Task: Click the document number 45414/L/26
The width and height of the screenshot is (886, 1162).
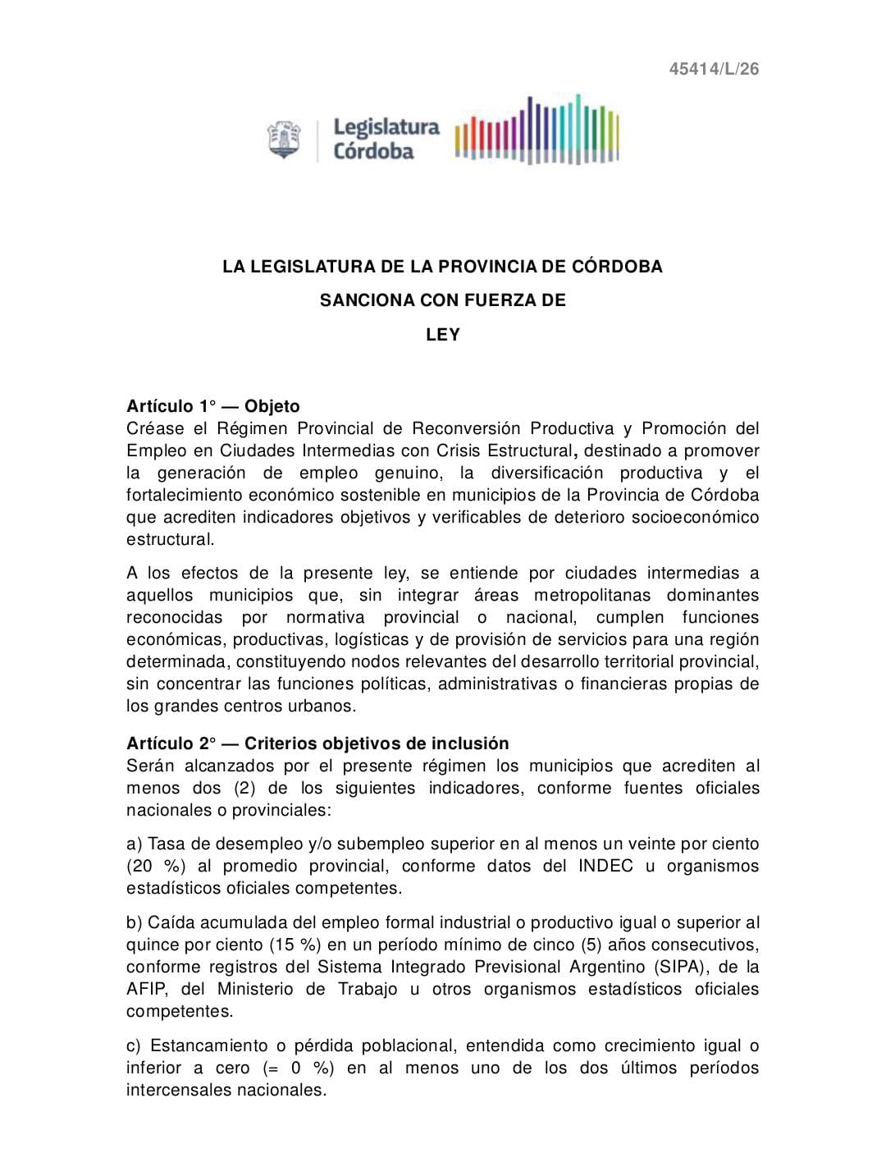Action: [714, 69]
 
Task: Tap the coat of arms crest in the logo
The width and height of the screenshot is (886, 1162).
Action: [284, 140]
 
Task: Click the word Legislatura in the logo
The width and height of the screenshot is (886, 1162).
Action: [386, 127]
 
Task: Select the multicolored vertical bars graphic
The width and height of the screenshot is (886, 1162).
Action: [537, 130]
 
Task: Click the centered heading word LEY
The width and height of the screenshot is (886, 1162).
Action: [443, 335]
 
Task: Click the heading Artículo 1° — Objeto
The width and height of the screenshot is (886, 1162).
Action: [213, 406]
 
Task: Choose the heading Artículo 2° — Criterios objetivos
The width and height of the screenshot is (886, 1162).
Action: [317, 743]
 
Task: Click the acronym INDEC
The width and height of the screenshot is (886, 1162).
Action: [605, 866]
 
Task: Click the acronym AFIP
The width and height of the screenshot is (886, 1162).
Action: [147, 989]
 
